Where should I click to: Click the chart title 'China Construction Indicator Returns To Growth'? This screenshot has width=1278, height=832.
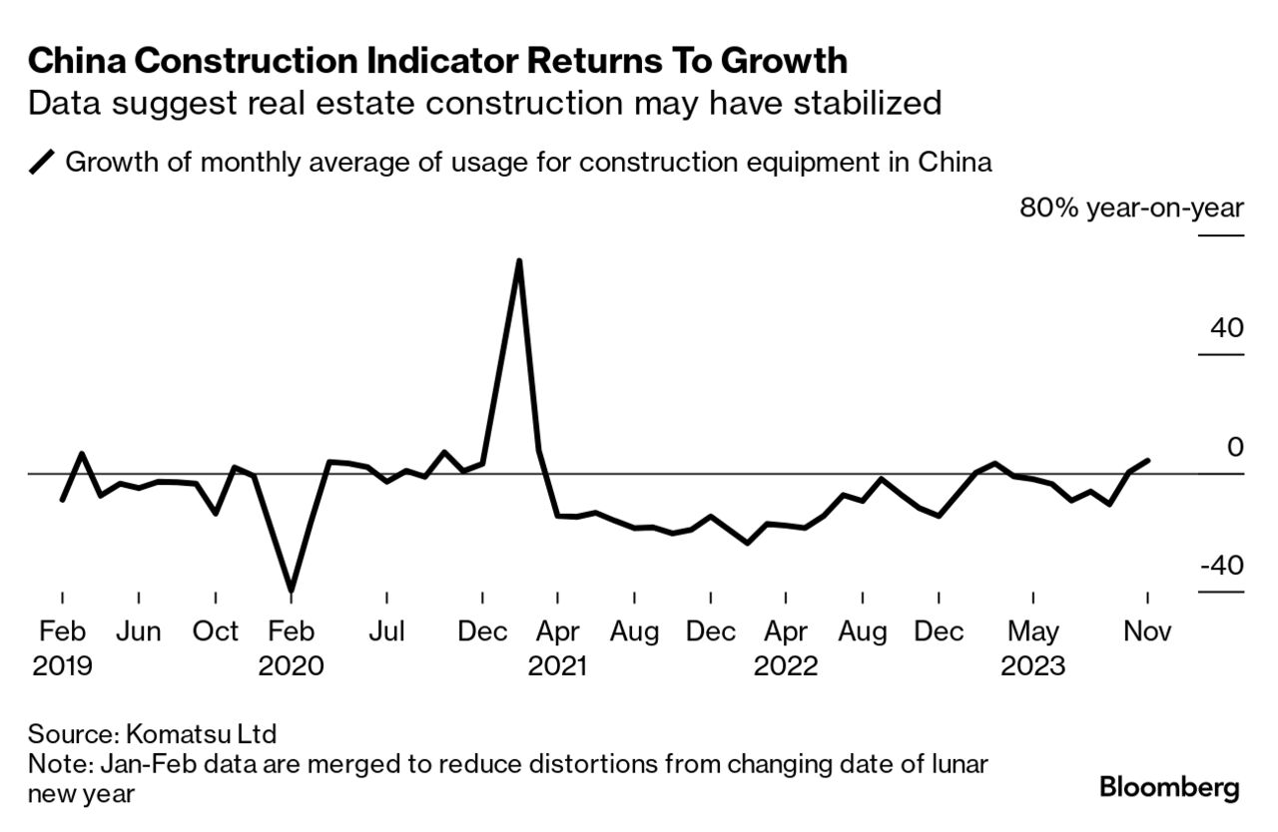coord(437,62)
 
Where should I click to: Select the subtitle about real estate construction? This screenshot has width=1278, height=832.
coord(484,103)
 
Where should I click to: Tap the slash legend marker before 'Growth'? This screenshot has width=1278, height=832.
coord(43,162)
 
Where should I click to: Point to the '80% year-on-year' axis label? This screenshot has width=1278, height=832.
coord(1131,208)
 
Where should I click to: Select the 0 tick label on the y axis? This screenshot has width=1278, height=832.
coord(1235,447)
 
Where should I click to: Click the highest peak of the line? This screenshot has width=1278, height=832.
coord(519,260)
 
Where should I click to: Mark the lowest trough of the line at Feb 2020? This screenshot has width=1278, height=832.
coord(292,591)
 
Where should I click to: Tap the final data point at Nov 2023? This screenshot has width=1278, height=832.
coord(1148,460)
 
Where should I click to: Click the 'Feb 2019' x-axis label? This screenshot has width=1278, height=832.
coord(62,647)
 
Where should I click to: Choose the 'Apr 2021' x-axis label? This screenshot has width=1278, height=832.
coord(558,647)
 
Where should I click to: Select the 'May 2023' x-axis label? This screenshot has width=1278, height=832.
coord(1033,647)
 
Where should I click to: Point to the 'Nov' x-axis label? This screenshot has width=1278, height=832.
coord(1147,631)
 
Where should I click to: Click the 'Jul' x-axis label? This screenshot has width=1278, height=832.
coord(386,631)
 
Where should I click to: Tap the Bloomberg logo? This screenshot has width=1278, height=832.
coord(1169,787)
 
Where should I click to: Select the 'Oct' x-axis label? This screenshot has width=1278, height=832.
coord(215,631)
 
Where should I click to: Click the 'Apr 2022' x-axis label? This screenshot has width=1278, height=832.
coord(786,647)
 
